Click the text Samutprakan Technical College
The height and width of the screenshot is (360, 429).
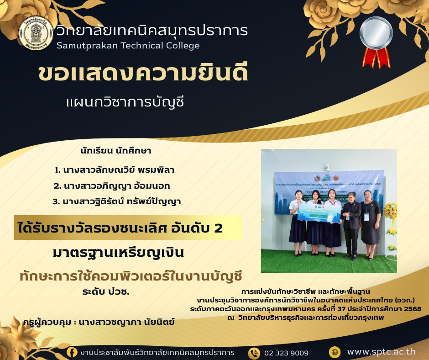point(128,45)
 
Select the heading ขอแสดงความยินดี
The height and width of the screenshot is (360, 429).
point(143,74)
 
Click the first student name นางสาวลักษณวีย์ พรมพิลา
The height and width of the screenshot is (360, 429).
point(115,170)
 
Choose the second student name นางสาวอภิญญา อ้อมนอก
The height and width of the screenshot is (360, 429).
point(115,186)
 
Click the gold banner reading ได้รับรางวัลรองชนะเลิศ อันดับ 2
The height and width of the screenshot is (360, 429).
point(128,228)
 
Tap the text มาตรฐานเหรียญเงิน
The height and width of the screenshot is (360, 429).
point(118,252)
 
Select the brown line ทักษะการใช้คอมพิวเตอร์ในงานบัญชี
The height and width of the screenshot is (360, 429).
point(131,276)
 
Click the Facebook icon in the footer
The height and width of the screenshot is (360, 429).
point(72,352)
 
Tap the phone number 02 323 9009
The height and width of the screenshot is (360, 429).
point(286,353)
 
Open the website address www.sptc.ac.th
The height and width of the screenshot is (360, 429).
point(381,352)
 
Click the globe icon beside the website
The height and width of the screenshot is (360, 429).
point(335,352)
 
